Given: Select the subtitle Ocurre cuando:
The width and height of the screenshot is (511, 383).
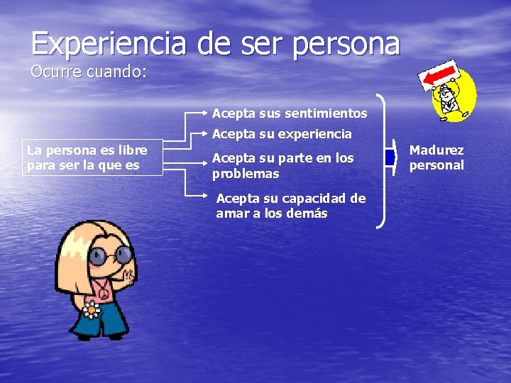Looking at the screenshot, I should [88, 72].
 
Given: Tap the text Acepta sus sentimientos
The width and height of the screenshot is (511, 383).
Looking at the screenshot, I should [290, 113].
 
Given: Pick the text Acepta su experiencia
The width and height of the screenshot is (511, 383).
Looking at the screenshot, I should [282, 133].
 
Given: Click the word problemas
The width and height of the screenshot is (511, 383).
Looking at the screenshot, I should [246, 174].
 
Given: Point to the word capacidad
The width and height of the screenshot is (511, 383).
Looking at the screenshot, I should [324, 199].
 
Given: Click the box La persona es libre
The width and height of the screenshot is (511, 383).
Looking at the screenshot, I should [92, 157].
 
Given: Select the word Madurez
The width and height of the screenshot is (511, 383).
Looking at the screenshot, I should [436, 150].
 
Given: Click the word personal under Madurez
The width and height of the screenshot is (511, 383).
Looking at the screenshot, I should [436, 165].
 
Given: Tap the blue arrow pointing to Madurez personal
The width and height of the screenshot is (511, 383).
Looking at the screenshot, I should [390, 157].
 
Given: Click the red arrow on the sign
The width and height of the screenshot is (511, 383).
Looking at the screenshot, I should [441, 74].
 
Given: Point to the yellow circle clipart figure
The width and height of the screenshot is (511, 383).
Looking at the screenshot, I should [455, 96].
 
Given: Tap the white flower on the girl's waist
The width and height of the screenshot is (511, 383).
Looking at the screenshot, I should [91, 310].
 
